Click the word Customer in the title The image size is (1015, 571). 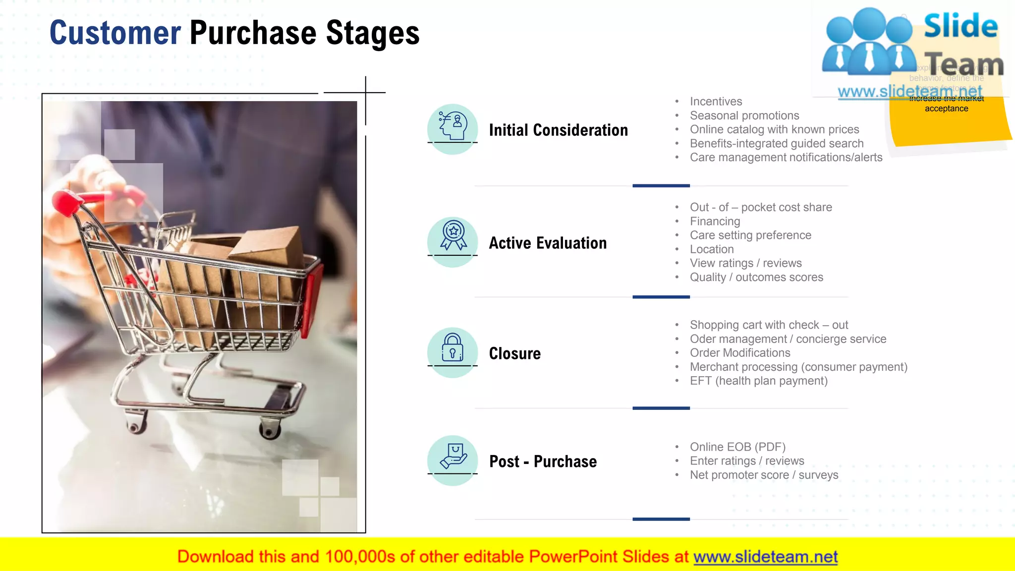(115, 33)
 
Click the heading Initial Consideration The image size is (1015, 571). (558, 130)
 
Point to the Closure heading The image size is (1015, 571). (514, 353)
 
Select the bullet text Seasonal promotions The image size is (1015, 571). (744, 115)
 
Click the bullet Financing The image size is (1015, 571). (715, 221)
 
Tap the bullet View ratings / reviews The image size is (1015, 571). (745, 263)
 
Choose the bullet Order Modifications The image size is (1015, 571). (740, 353)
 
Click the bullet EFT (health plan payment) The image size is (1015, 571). (758, 381)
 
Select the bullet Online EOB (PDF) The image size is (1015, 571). (737, 447)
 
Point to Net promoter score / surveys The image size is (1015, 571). (764, 475)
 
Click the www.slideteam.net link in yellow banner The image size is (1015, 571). (765, 557)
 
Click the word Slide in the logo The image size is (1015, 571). (960, 26)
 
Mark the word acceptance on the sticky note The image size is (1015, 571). (946, 109)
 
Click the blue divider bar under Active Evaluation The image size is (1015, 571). (661, 297)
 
